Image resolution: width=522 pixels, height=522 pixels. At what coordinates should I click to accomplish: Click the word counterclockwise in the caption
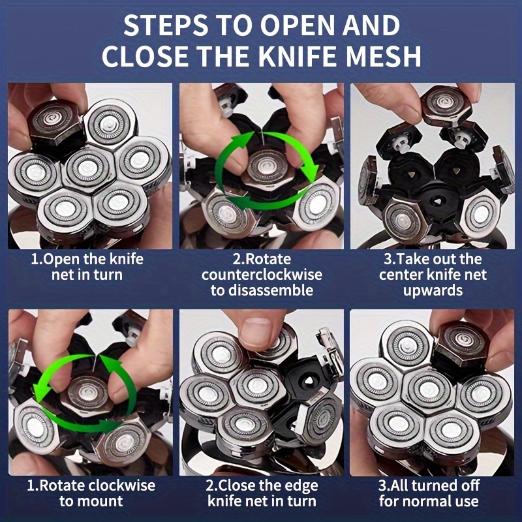262,275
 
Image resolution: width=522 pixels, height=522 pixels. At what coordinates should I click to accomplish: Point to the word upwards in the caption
433,290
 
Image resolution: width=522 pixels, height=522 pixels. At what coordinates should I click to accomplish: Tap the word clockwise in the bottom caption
123,485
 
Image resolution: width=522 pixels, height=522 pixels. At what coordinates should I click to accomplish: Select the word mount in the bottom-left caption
103,501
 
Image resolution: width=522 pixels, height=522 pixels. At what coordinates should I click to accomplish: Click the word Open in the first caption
61,260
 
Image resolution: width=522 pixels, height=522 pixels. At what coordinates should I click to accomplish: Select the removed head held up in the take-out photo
447,105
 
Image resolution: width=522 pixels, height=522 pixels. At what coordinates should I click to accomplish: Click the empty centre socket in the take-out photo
436,201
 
